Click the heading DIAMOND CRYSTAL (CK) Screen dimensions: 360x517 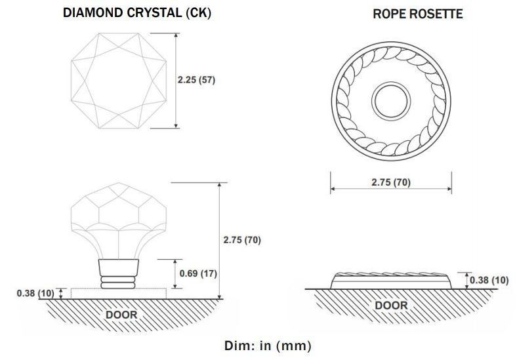click(x=136, y=12)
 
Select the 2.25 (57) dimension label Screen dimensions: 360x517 click(x=196, y=80)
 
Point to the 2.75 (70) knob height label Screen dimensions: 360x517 click(x=241, y=240)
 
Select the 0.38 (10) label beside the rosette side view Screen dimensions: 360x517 click(x=489, y=281)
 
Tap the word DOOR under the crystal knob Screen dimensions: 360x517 click(x=121, y=315)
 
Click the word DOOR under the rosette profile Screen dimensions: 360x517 click(x=391, y=306)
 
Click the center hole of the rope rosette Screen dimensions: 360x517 click(x=390, y=102)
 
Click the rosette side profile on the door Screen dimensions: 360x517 click(x=391, y=281)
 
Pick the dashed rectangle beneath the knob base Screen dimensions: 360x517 click(x=118, y=293)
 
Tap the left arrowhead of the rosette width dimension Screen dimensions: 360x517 click(x=332, y=190)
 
